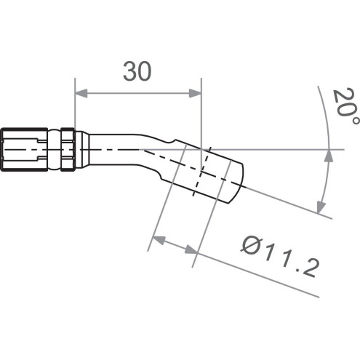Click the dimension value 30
137,72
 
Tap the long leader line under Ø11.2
262,276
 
